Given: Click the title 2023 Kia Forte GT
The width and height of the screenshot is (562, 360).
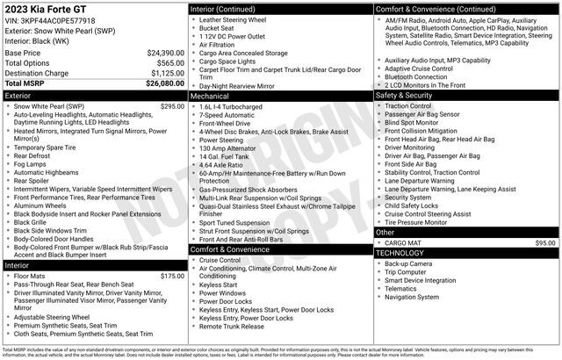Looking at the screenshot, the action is point(45,9).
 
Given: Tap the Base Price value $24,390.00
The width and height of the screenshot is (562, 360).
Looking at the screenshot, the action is point(165,53).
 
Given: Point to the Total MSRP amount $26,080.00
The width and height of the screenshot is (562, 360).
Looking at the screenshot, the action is point(165,83).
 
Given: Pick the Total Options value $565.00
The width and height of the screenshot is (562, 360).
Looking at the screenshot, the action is point(171,63).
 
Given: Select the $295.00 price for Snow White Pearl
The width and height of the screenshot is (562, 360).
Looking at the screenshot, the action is point(172,106).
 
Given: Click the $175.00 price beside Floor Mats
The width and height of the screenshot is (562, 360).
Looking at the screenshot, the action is point(172,277).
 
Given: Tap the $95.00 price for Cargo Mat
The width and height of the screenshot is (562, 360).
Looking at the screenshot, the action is point(545,241).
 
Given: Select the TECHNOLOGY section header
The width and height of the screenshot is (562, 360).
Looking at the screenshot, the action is point(400,252).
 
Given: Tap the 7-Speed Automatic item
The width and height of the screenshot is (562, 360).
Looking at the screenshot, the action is point(227,115).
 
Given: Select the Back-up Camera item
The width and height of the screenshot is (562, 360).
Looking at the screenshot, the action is point(407,263).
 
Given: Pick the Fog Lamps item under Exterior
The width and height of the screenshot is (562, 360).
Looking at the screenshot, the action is point(31,164).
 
